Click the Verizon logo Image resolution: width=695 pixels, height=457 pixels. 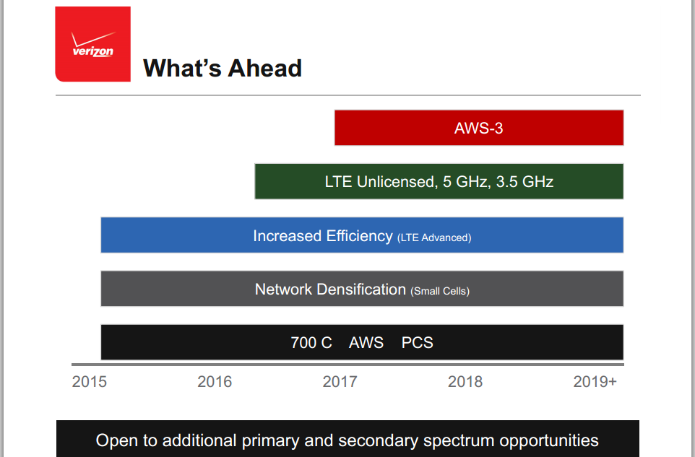click(92, 44)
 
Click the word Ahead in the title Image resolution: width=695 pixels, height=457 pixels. click(264, 68)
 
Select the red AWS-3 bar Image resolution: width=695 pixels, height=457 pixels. click(479, 128)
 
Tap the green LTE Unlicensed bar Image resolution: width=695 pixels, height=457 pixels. click(439, 181)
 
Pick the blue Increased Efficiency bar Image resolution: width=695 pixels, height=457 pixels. click(362, 235)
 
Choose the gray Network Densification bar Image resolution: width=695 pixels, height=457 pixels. click(362, 288)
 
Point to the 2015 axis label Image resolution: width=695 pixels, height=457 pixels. click(90, 381)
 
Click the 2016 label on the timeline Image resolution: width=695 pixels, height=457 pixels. click(215, 381)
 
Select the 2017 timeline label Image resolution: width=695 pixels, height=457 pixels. click(340, 381)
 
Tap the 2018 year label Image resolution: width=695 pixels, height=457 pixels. click(465, 381)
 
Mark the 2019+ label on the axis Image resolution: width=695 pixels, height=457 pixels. click(595, 381)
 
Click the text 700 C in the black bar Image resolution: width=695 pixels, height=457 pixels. click(311, 342)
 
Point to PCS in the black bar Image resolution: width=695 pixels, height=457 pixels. click(417, 342)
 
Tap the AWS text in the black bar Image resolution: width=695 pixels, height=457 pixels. click(366, 342)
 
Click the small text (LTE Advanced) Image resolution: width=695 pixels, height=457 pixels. click(434, 238)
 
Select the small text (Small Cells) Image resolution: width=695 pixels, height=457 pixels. click(440, 291)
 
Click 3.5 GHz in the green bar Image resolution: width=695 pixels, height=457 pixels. click(525, 181)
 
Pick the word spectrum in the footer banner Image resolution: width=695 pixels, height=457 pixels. click(459, 441)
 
